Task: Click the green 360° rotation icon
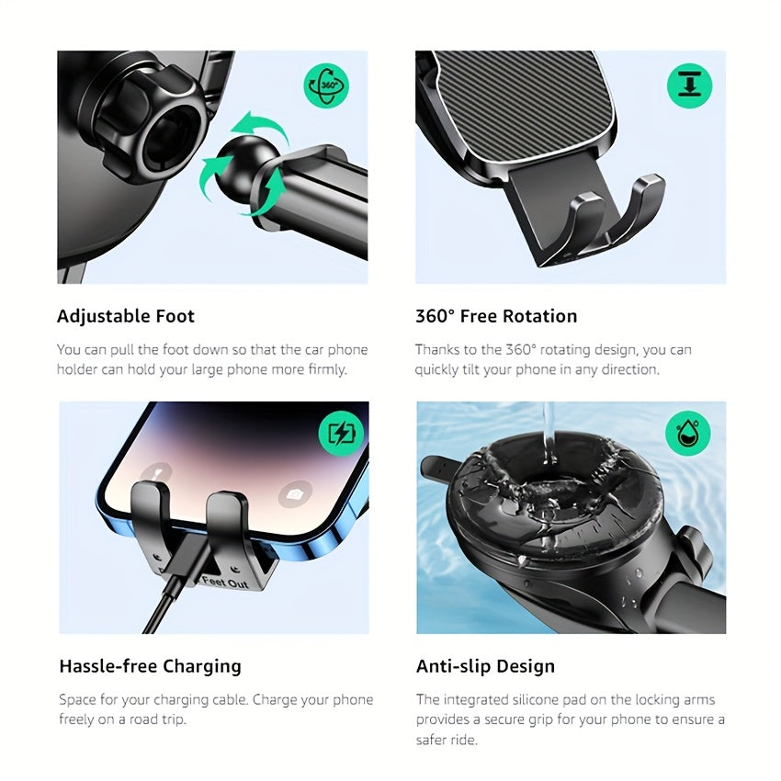pos(326,85)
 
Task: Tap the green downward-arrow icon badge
pos(689,85)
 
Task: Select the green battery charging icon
pos(341,434)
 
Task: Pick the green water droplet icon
pos(688,434)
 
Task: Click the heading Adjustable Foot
pos(126,316)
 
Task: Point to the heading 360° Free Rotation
pos(496,316)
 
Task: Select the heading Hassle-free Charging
pos(150,666)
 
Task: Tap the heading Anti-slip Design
pos(485,666)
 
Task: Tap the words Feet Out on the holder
pos(225,582)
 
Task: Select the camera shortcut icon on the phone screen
pos(295,493)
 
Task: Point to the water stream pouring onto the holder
pos(549,433)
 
